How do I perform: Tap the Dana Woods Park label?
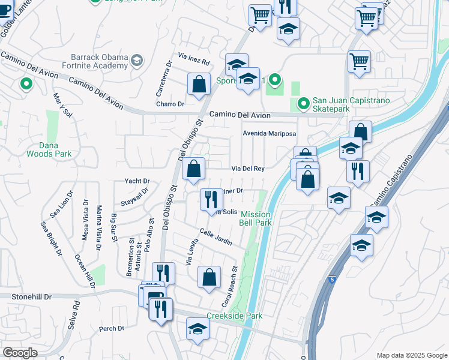(x=49, y=149)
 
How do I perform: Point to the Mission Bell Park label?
(x=256, y=218)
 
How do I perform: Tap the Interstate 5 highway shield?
(x=332, y=280)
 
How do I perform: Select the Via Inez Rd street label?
(x=193, y=62)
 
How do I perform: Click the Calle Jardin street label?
(x=215, y=237)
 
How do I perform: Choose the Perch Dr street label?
(x=112, y=328)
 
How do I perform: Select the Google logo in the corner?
(x=20, y=353)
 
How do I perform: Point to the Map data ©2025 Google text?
(x=412, y=355)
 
